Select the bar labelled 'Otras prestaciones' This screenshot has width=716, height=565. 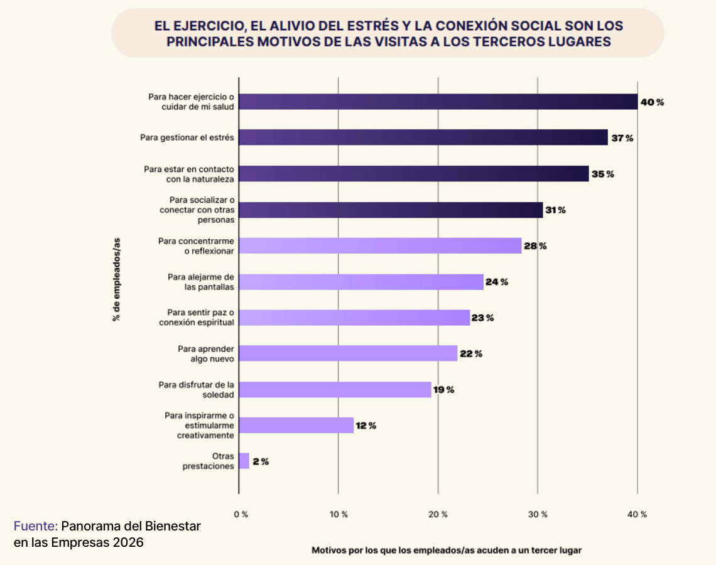coord(244,461)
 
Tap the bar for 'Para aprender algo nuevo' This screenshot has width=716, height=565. coord(348,353)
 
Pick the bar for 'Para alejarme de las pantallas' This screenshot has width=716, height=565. coord(361,282)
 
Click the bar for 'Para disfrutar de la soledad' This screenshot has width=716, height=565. coord(335,389)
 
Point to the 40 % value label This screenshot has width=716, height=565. coord(651,102)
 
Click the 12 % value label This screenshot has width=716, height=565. coord(366,426)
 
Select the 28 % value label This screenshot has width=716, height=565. coord(535,246)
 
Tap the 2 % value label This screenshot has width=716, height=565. coord(261,461)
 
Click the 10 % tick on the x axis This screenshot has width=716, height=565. coord(339,514)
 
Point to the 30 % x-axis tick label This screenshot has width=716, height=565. coord(538,514)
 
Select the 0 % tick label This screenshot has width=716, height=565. coord(241,514)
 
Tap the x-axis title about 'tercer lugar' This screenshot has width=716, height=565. coord(447,550)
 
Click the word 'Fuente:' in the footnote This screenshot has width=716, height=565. coord(36,526)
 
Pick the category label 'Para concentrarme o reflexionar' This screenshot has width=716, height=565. coord(196,245)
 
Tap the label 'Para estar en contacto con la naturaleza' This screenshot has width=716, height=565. coord(188,174)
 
